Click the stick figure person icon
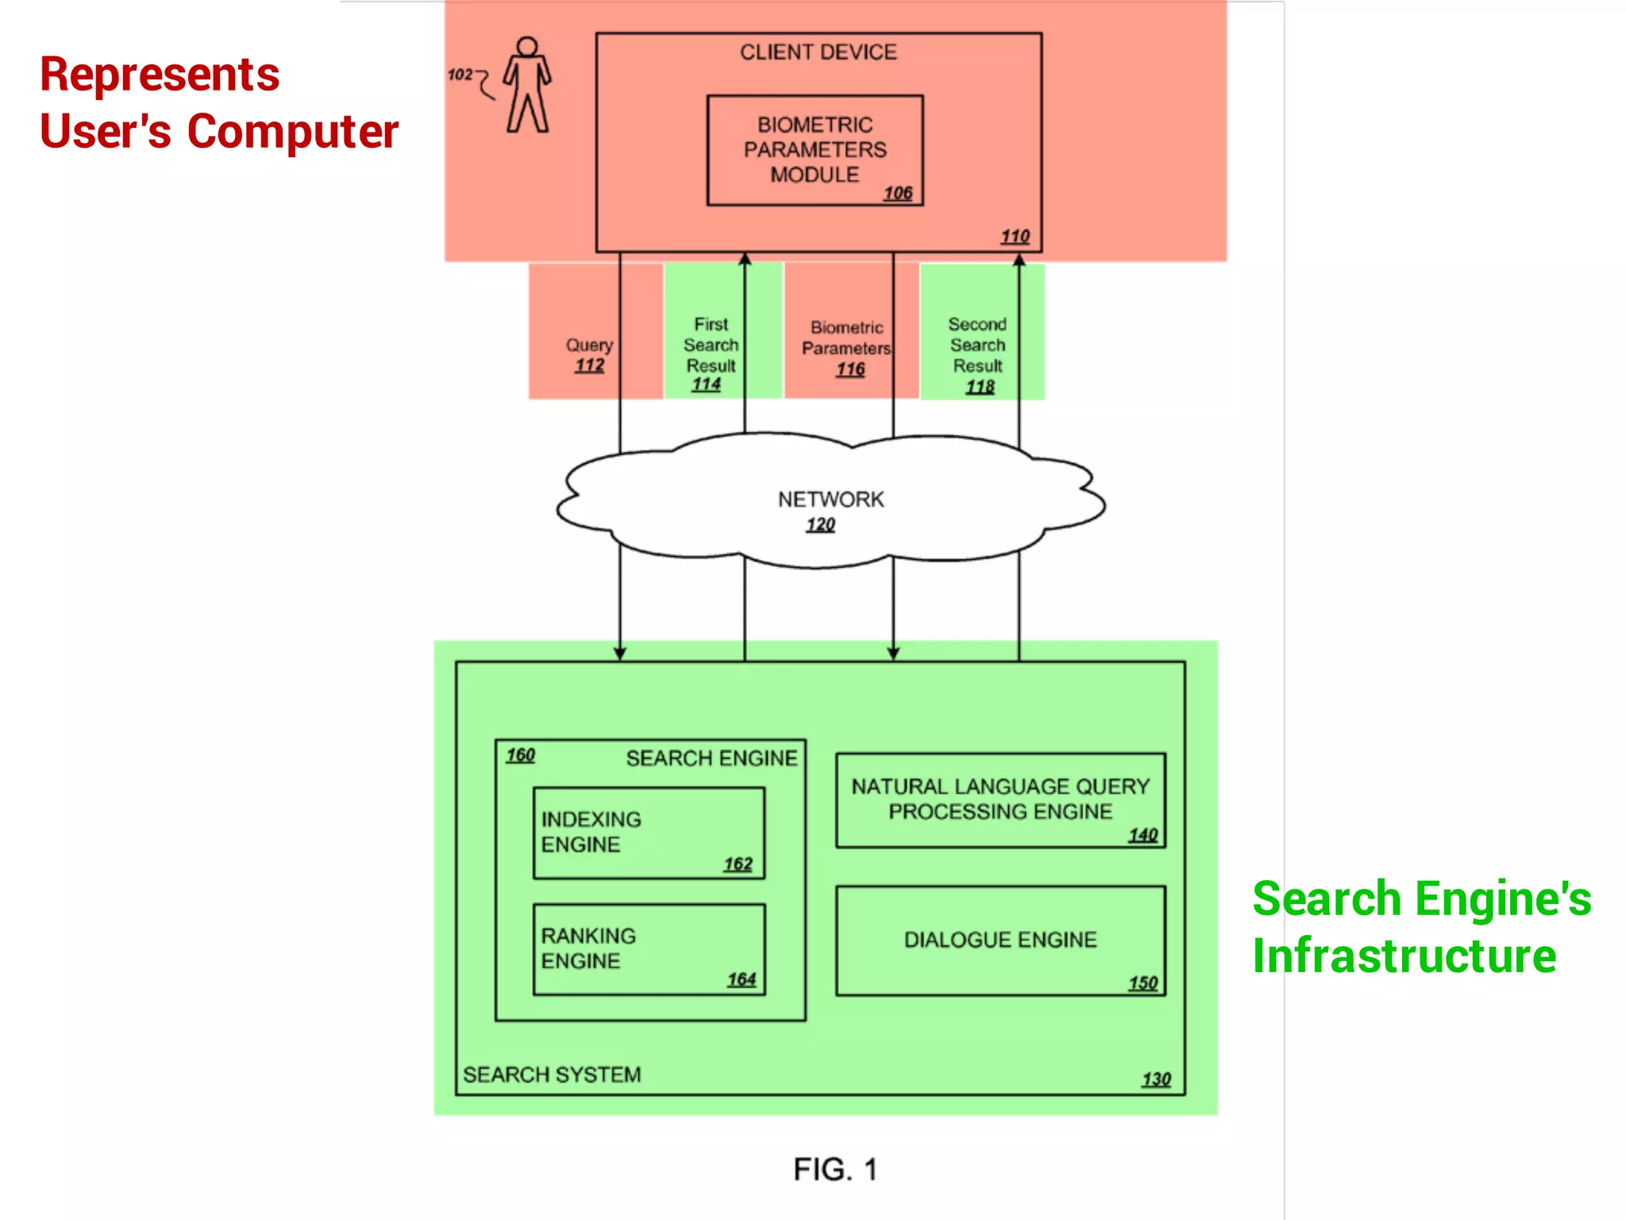tap(527, 85)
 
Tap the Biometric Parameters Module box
tap(815, 150)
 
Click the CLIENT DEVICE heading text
tap(818, 52)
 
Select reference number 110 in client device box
tap(1015, 237)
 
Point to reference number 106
tap(898, 193)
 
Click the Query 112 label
tap(589, 354)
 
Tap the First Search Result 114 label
tap(711, 354)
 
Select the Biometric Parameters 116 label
tap(846, 348)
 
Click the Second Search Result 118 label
tap(978, 354)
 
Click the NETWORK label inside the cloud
tap(830, 500)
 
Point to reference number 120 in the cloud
tap(820, 525)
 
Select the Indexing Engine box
tap(649, 833)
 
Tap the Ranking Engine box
tap(649, 949)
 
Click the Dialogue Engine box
tap(1000, 940)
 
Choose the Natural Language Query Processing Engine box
tap(1000, 800)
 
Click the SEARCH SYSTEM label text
tap(552, 1075)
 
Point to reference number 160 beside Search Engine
tap(521, 755)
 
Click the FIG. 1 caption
tap(835, 1169)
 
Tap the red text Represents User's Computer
tap(218, 102)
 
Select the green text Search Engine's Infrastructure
tap(1421, 927)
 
